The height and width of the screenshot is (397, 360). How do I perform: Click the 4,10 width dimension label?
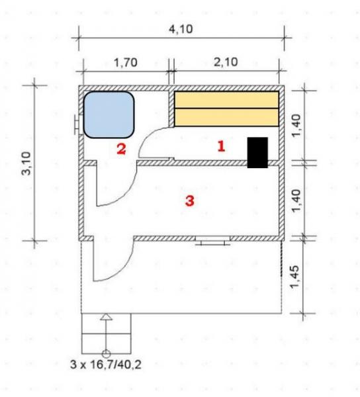click(x=181, y=29)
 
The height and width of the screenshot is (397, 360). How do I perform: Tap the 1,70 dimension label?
click(x=126, y=62)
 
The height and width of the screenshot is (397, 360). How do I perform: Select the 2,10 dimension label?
click(x=226, y=62)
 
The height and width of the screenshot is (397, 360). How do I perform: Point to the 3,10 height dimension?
click(x=26, y=163)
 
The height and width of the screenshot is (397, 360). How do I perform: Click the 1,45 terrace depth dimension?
click(x=295, y=277)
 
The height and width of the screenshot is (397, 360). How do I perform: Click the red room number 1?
click(x=221, y=146)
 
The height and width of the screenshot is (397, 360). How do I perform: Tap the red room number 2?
click(x=121, y=149)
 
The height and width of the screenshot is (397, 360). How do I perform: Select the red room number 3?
click(x=190, y=201)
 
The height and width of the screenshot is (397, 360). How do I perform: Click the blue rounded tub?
click(x=109, y=114)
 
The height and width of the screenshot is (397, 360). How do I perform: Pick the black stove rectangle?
click(x=257, y=152)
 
